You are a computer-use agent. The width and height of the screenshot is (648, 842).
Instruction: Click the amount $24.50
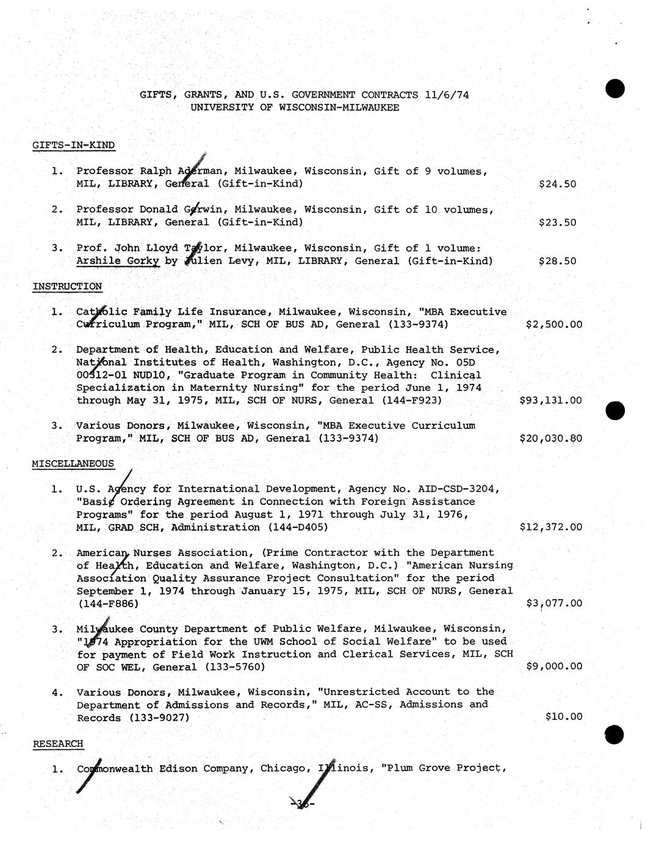click(557, 184)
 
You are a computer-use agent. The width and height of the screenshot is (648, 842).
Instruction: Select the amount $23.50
click(557, 222)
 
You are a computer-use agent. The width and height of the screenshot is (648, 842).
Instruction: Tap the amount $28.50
click(557, 261)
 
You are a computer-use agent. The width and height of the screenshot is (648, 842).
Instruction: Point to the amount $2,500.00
click(553, 325)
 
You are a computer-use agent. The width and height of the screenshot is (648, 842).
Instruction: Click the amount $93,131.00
click(550, 400)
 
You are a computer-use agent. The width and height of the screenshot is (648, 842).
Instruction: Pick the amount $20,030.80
click(550, 438)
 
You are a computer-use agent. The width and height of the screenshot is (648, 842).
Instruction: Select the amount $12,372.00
click(550, 527)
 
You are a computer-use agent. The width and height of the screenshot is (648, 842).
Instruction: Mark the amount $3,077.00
click(553, 603)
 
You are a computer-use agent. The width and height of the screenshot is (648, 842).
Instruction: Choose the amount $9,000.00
click(553, 666)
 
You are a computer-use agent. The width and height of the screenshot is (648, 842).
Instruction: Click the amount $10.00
click(563, 716)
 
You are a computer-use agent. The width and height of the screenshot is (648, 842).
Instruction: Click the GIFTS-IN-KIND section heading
click(73, 145)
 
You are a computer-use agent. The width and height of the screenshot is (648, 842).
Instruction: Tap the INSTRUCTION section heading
click(67, 286)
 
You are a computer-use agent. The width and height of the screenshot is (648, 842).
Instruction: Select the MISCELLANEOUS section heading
click(73, 464)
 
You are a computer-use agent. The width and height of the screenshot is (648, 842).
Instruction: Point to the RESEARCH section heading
click(57, 744)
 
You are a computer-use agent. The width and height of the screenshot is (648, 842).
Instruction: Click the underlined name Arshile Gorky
click(118, 261)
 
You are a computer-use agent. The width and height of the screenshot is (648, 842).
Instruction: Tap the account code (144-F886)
click(108, 604)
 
